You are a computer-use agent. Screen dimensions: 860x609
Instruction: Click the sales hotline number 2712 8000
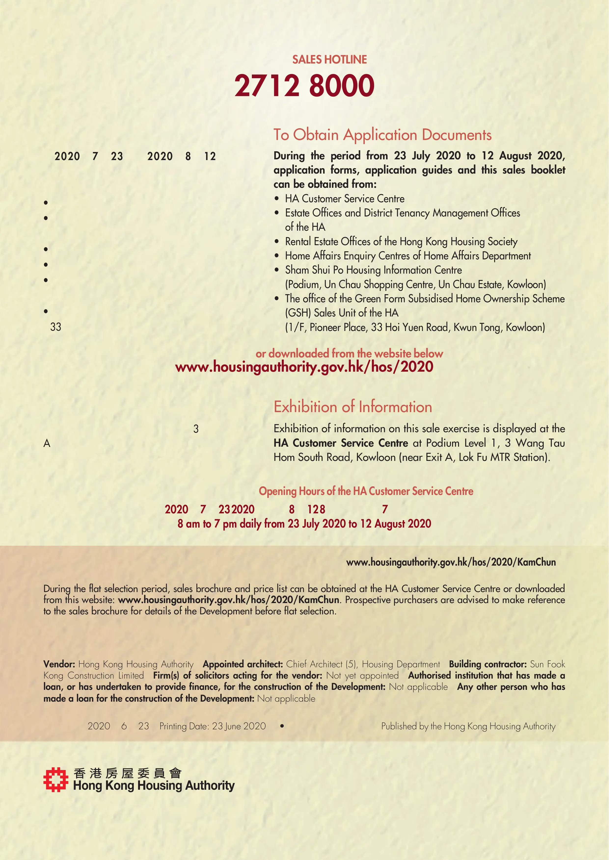click(x=304, y=85)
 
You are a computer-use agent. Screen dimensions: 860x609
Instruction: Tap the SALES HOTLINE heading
click(x=329, y=60)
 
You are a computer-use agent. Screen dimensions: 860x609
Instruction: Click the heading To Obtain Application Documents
click(x=382, y=135)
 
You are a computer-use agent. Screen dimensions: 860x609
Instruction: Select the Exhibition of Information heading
click(x=352, y=407)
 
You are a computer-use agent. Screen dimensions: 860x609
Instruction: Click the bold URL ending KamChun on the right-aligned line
click(x=451, y=562)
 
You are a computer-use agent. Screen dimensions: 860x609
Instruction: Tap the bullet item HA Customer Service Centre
click(x=344, y=199)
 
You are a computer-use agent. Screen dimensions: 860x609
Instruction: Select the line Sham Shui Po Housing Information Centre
click(x=373, y=270)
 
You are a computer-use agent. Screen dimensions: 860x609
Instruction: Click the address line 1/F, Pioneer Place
click(x=415, y=327)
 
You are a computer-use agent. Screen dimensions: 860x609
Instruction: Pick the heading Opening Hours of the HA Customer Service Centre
click(x=366, y=491)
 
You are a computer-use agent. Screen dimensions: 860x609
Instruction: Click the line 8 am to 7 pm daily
click(x=304, y=524)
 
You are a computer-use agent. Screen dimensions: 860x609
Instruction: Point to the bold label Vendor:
click(x=59, y=664)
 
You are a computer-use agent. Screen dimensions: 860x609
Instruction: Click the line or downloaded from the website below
click(x=349, y=353)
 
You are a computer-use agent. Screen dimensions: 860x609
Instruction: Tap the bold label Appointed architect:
click(x=243, y=664)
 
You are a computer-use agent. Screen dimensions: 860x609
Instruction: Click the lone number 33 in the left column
click(x=55, y=327)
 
